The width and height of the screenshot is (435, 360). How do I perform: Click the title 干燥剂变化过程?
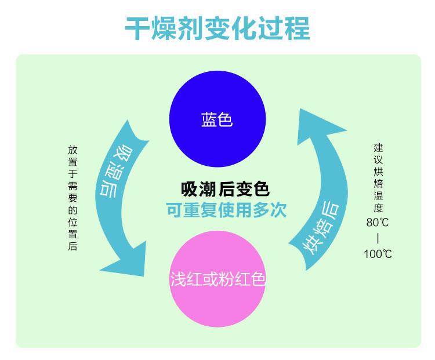[x=217, y=28]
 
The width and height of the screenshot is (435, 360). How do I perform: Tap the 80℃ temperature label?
[x=379, y=222]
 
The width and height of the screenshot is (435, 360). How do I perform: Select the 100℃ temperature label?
[x=378, y=253]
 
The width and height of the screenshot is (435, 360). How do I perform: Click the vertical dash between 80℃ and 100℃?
[x=378, y=238]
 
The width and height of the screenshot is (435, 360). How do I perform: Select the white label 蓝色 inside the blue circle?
[x=217, y=121]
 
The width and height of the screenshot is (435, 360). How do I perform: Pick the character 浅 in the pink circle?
[x=177, y=279]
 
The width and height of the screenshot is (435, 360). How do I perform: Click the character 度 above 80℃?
[x=378, y=208]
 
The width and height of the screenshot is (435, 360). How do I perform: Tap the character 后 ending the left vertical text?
[x=72, y=246]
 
